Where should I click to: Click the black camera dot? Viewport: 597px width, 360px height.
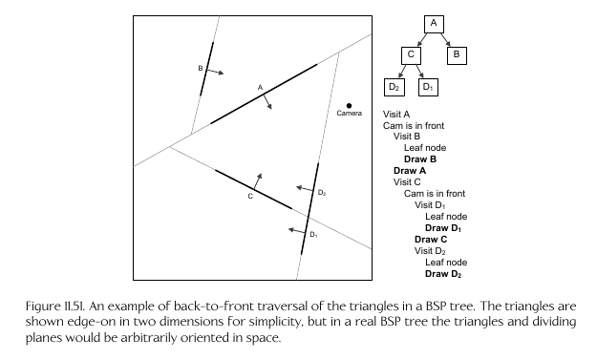click(349, 106)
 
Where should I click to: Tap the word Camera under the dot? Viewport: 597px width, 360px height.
click(350, 113)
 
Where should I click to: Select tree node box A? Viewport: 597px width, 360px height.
click(434, 24)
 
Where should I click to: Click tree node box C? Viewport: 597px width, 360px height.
click(411, 55)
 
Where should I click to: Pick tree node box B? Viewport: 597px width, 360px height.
click(457, 55)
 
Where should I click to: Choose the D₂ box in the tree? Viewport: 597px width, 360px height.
click(394, 87)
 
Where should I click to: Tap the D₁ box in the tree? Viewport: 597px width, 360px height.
click(428, 87)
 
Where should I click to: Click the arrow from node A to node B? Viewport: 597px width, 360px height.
click(445, 39)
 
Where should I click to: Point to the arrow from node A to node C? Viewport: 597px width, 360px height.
click(422, 39)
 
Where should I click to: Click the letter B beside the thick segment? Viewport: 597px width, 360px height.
click(201, 69)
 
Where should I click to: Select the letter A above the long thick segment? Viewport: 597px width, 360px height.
click(260, 88)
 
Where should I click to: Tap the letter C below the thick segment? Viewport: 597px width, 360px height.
click(250, 197)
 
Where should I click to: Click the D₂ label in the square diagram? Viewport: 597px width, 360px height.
click(322, 193)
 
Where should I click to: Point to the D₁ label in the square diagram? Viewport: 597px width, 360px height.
click(313, 234)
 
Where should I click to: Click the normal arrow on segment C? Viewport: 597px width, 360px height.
click(257, 181)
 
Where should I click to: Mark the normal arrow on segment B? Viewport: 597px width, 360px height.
click(215, 72)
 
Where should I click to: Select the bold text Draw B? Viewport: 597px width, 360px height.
click(420, 159)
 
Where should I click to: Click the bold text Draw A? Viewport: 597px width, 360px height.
click(410, 171)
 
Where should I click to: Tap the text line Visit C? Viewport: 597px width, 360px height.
click(407, 181)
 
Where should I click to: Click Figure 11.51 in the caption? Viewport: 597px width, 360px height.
click(56, 307)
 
